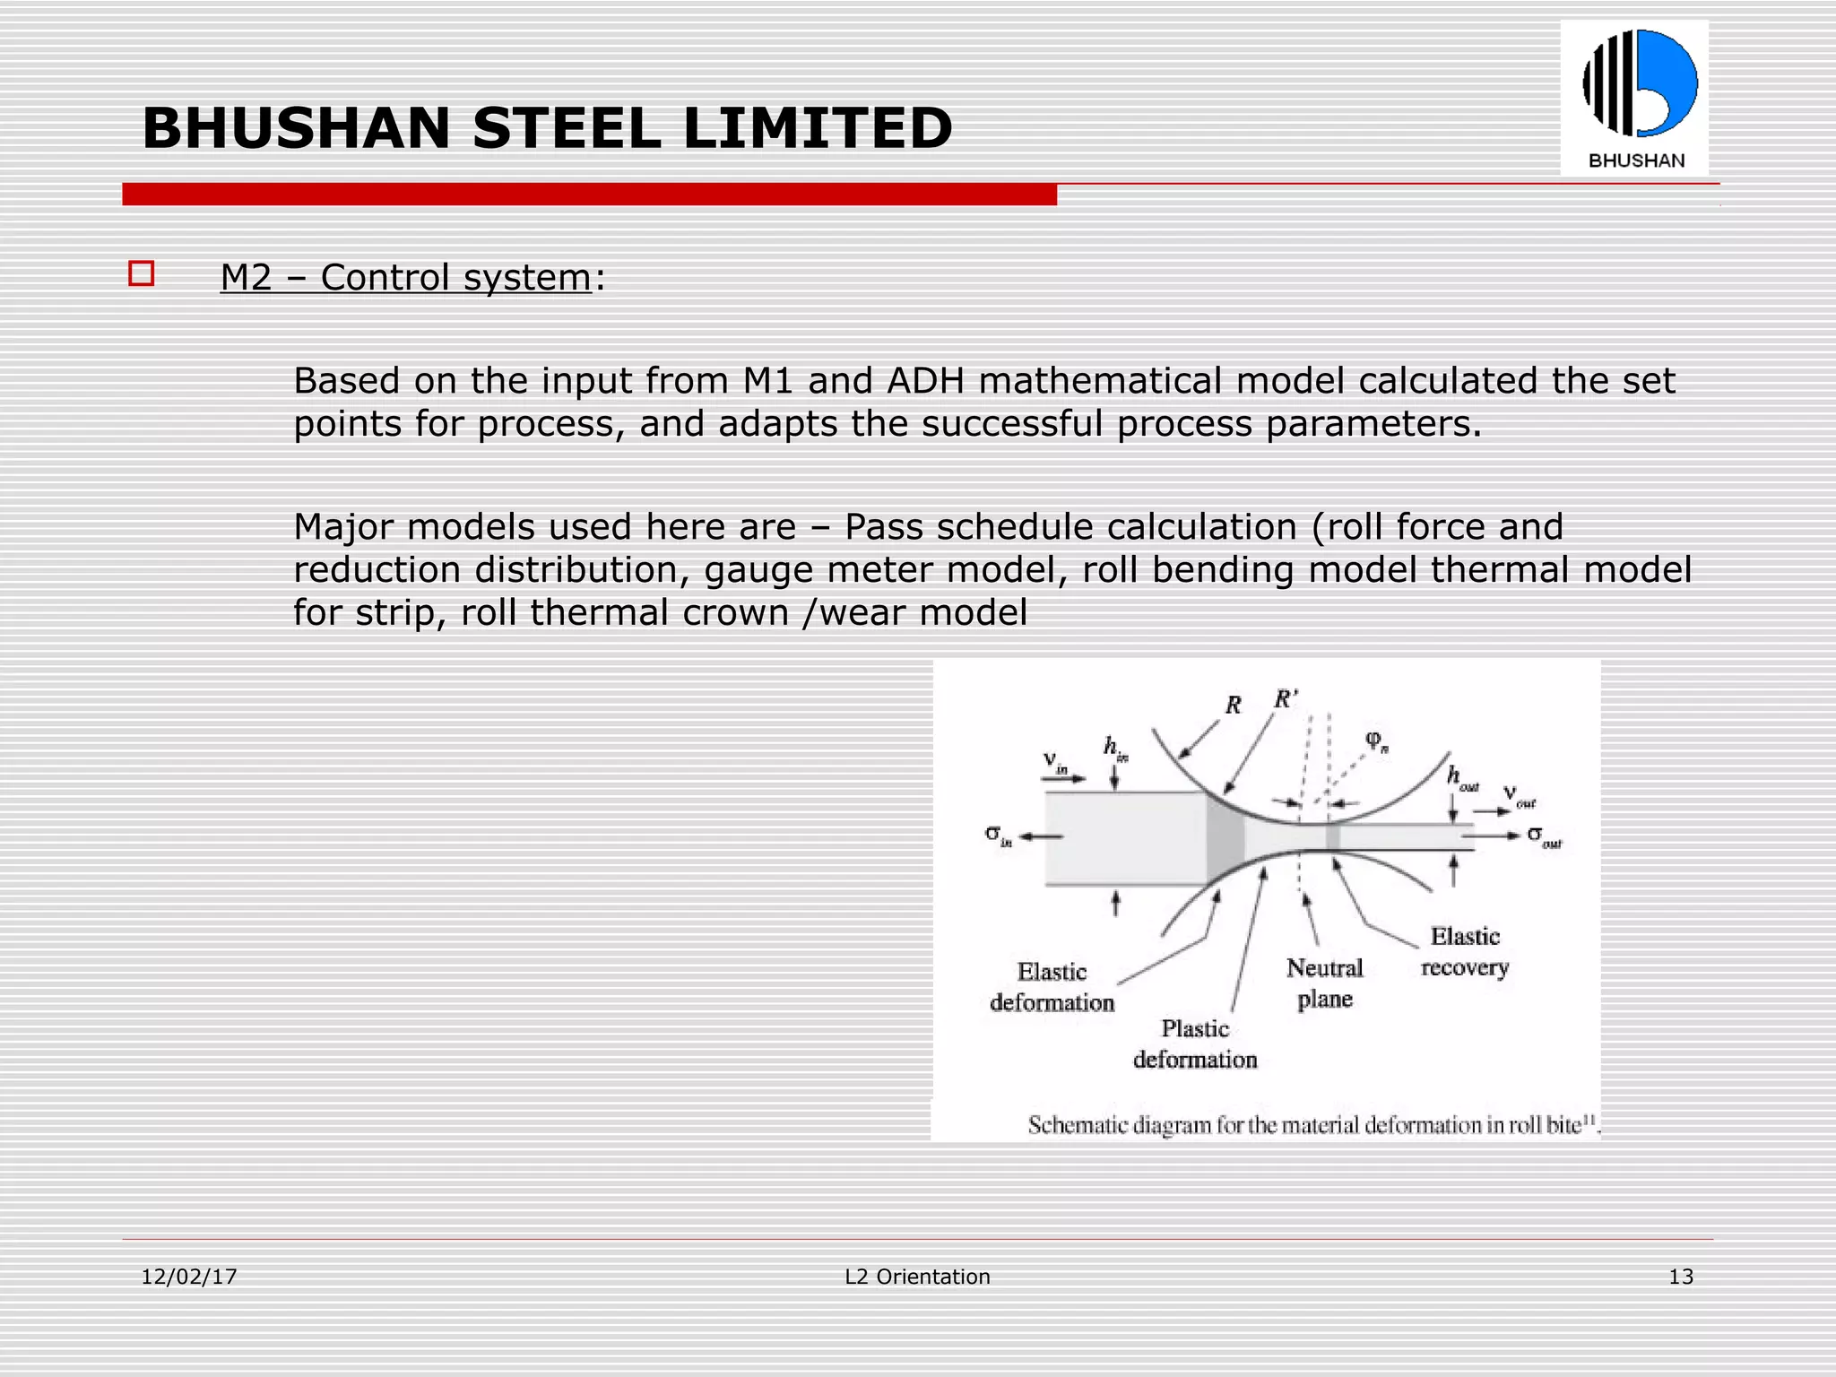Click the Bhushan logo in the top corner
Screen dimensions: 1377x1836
click(x=1634, y=98)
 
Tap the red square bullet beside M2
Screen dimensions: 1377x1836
click(x=142, y=273)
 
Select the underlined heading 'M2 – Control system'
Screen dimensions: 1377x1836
click(x=405, y=278)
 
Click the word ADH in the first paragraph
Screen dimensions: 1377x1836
click(x=925, y=381)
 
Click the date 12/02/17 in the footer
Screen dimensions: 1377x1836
click(x=189, y=1277)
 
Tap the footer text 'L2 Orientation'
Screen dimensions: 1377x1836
click(x=917, y=1277)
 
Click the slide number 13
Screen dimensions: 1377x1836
click(x=1680, y=1277)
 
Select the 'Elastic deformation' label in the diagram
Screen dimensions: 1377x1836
click(x=1052, y=987)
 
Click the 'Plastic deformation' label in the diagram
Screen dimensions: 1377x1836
click(x=1195, y=1044)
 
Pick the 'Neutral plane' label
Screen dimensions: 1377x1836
click(x=1324, y=983)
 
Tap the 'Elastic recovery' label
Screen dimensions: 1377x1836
click(x=1465, y=951)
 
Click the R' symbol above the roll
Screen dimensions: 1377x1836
click(x=1286, y=699)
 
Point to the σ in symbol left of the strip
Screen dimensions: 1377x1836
click(x=998, y=836)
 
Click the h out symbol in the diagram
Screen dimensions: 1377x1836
click(x=1461, y=778)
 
